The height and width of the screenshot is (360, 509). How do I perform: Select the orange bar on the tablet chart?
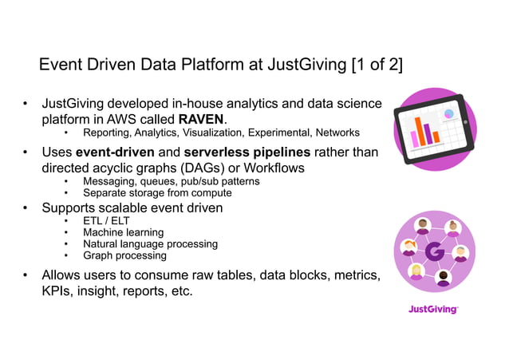point(428,133)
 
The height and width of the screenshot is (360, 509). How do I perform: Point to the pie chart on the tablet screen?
point(449,115)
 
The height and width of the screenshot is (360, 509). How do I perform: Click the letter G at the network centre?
point(434,253)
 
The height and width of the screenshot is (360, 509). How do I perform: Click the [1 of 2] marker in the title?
point(377,64)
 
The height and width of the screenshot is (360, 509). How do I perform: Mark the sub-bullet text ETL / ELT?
point(106,220)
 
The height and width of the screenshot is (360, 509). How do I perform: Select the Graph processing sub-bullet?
point(125,255)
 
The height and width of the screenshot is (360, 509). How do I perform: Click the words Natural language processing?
point(150,243)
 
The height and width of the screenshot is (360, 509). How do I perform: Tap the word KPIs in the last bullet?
point(57,291)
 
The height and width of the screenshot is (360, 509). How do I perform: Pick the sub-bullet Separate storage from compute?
point(157,192)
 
